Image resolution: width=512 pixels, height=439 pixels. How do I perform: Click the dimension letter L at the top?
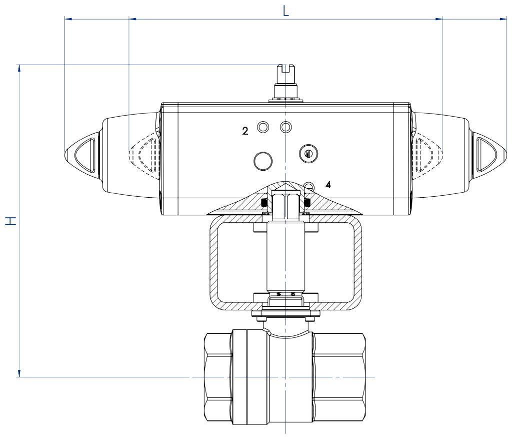tap(285, 11)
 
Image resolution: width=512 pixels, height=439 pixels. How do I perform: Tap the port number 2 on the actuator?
tap(245, 131)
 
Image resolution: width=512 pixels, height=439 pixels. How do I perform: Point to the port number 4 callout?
tap(328, 185)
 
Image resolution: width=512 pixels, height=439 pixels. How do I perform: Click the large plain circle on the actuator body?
tap(263, 161)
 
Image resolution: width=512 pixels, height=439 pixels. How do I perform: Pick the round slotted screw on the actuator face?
tap(308, 154)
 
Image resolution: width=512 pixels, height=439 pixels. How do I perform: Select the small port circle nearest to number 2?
tap(263, 128)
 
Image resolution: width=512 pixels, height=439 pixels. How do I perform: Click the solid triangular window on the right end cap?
tap(485, 152)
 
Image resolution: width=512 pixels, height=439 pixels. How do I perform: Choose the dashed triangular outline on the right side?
tap(427, 152)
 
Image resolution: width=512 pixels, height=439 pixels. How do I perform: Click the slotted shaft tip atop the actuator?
tap(286, 72)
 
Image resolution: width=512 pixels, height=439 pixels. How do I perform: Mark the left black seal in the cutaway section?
tap(265, 202)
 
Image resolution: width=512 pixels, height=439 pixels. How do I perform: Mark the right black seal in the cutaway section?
tap(307, 202)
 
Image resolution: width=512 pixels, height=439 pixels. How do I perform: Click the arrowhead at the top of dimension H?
tap(19, 68)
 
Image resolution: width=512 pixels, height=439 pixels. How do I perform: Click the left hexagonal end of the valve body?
tap(218, 378)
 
